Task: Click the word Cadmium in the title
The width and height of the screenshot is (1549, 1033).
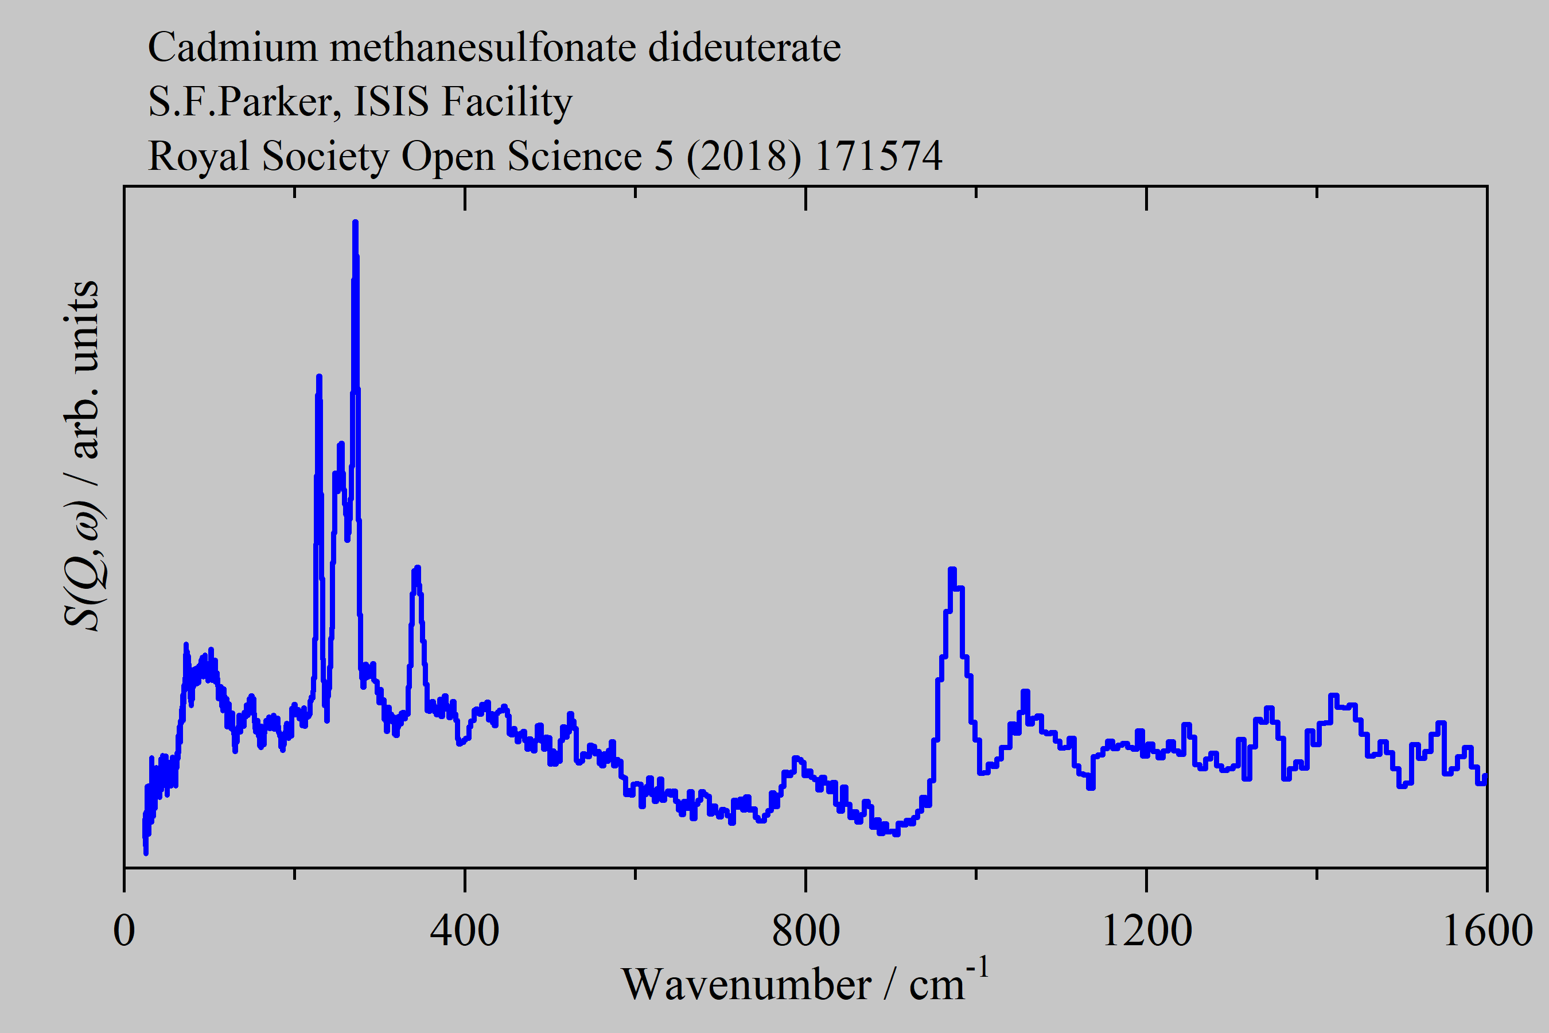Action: coord(232,48)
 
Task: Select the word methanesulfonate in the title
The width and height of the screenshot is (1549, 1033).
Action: coord(482,48)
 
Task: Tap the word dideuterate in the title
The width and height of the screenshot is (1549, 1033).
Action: coord(744,48)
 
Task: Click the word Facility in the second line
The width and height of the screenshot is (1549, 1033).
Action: coord(507,103)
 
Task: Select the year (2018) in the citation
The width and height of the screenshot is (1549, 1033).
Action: coord(744,157)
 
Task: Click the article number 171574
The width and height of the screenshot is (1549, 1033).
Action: coord(878,156)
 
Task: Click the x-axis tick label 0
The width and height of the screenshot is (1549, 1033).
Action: coord(124,931)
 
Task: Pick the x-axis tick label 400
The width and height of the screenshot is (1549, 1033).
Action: coord(464,931)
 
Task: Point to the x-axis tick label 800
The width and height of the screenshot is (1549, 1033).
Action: coord(805,931)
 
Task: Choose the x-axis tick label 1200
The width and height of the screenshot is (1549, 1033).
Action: coord(1146,931)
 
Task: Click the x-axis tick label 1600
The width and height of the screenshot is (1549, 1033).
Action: coord(1487,931)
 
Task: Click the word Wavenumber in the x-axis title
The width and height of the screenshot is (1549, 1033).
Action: coord(746,985)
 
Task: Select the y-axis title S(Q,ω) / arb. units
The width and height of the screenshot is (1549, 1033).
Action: coord(82,455)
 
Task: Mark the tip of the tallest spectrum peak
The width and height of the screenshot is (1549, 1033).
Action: coord(356,223)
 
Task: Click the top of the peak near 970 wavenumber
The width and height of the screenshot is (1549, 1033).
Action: coord(952,569)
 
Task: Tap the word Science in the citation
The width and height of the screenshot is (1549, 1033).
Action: coord(574,157)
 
